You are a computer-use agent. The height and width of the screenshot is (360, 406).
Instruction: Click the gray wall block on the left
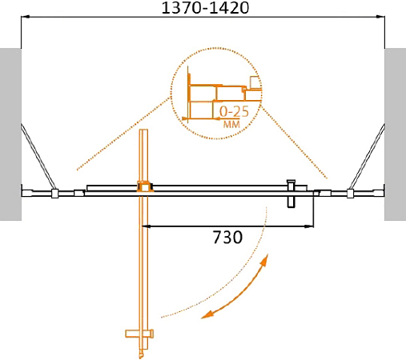pyautogui.click(x=10, y=134)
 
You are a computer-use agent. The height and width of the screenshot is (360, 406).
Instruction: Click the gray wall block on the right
pyautogui.click(x=395, y=134)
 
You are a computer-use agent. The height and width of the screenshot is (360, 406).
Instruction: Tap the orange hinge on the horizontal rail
pyautogui.click(x=144, y=187)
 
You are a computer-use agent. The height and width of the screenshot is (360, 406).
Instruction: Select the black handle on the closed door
pyautogui.click(x=291, y=192)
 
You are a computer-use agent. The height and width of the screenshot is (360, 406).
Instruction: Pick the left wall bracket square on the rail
pyautogui.click(x=54, y=193)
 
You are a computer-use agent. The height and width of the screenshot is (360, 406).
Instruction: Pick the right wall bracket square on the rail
pyautogui.click(x=350, y=193)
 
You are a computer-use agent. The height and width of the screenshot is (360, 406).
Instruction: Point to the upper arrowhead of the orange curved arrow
pyautogui.click(x=267, y=261)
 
